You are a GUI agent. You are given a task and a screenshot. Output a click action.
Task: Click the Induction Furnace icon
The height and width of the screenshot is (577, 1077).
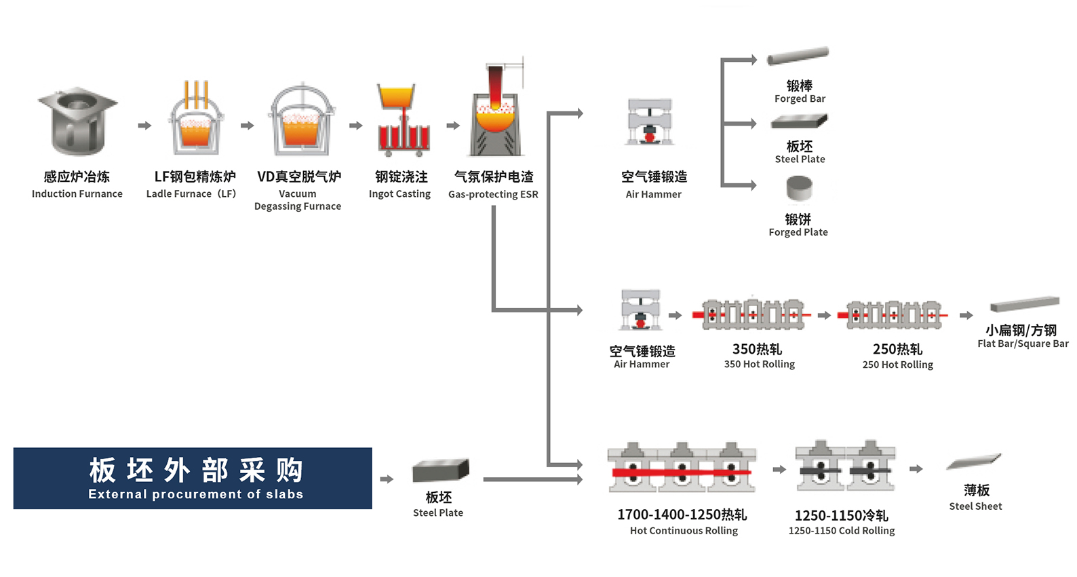77,121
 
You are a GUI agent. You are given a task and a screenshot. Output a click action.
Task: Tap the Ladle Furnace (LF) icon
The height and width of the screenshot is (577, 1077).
196,121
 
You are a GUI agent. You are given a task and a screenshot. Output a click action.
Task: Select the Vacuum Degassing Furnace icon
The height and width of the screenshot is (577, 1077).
301,121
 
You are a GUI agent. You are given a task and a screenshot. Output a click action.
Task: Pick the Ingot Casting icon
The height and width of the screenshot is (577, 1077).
404,121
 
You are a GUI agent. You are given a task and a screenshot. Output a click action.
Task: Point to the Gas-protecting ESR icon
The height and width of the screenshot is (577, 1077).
496,112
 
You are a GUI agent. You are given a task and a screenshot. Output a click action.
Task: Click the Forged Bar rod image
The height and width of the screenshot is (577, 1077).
798,56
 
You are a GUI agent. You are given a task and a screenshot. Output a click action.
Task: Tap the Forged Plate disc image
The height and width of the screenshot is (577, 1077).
799,189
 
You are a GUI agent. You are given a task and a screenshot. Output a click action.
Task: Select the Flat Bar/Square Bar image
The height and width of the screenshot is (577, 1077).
1024,303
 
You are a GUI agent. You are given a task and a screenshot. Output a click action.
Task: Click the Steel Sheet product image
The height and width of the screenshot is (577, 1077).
974,462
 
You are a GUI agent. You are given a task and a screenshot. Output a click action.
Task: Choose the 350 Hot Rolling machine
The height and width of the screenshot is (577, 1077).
752,314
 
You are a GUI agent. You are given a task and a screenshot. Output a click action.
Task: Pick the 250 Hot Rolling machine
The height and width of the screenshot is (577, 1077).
893,314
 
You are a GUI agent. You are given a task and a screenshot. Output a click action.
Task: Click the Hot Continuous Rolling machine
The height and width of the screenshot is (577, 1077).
682,468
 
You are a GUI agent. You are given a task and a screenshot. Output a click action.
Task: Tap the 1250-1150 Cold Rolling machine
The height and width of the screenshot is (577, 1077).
844,466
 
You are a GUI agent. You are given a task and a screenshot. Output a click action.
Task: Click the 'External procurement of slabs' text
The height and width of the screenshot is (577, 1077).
195,494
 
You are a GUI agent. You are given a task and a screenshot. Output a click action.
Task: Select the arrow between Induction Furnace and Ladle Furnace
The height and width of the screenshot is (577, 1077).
144,126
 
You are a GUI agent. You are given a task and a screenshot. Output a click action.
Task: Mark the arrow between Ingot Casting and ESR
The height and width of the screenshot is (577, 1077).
453,126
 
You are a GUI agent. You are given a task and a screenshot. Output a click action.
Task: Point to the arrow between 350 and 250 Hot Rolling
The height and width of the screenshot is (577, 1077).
824,315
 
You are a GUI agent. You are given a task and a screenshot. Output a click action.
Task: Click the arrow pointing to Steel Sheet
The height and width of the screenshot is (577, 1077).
916,468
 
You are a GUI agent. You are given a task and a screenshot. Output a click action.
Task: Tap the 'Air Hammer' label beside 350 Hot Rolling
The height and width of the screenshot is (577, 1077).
642,365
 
